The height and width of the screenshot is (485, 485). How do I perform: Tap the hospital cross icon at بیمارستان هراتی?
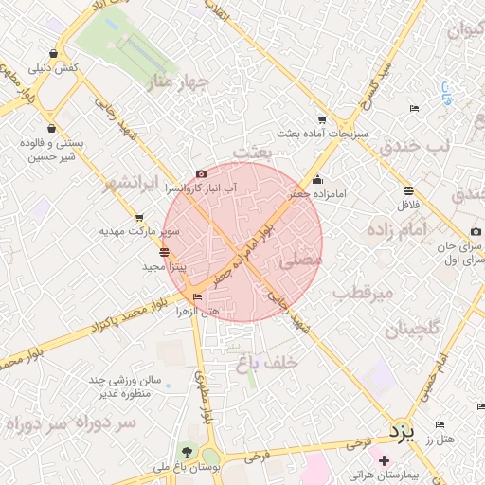tap(384, 461)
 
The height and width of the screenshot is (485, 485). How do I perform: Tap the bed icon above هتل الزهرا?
tap(197, 297)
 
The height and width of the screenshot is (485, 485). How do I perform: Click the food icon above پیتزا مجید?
tap(166, 252)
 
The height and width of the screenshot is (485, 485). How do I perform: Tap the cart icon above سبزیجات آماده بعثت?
tap(322, 120)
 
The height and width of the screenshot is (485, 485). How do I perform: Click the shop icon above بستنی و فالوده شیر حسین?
tap(50, 128)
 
